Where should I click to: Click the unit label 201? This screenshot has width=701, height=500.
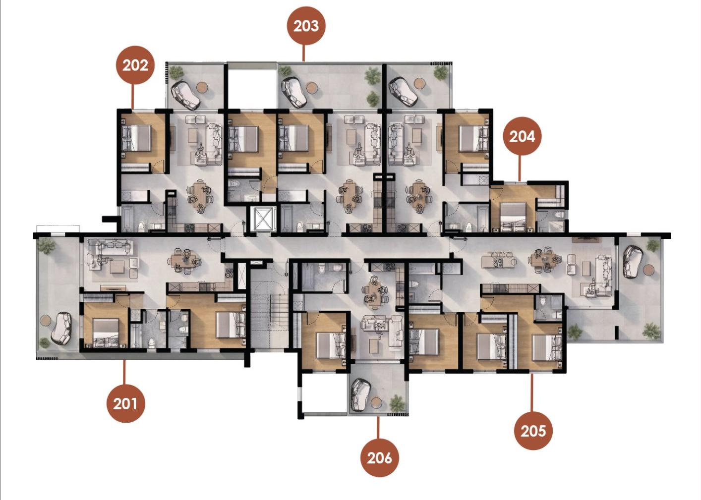click(x=125, y=403)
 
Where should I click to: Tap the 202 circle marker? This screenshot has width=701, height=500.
click(x=135, y=65)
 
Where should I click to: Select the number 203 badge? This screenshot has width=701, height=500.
click(x=306, y=26)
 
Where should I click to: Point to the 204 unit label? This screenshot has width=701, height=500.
click(x=522, y=136)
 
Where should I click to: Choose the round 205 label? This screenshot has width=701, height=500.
click(x=533, y=431)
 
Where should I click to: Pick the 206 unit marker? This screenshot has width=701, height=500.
click(x=380, y=458)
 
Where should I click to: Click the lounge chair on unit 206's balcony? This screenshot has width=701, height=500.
click(x=360, y=395)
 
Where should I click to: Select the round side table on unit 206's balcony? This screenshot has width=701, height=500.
click(x=376, y=403)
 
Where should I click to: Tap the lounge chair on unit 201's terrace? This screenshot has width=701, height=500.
click(x=61, y=328)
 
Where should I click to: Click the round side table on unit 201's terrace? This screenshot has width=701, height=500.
click(x=45, y=321)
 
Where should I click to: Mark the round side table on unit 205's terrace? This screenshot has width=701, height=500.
click(x=649, y=270)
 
